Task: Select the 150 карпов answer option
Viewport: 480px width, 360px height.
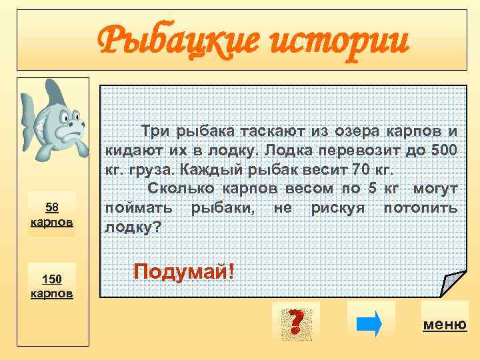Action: click(52, 285)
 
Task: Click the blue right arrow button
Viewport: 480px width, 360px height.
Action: click(371, 323)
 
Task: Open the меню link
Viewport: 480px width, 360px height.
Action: click(444, 325)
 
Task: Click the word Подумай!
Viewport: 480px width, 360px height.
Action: click(184, 271)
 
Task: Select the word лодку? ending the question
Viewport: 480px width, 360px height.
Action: click(133, 227)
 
